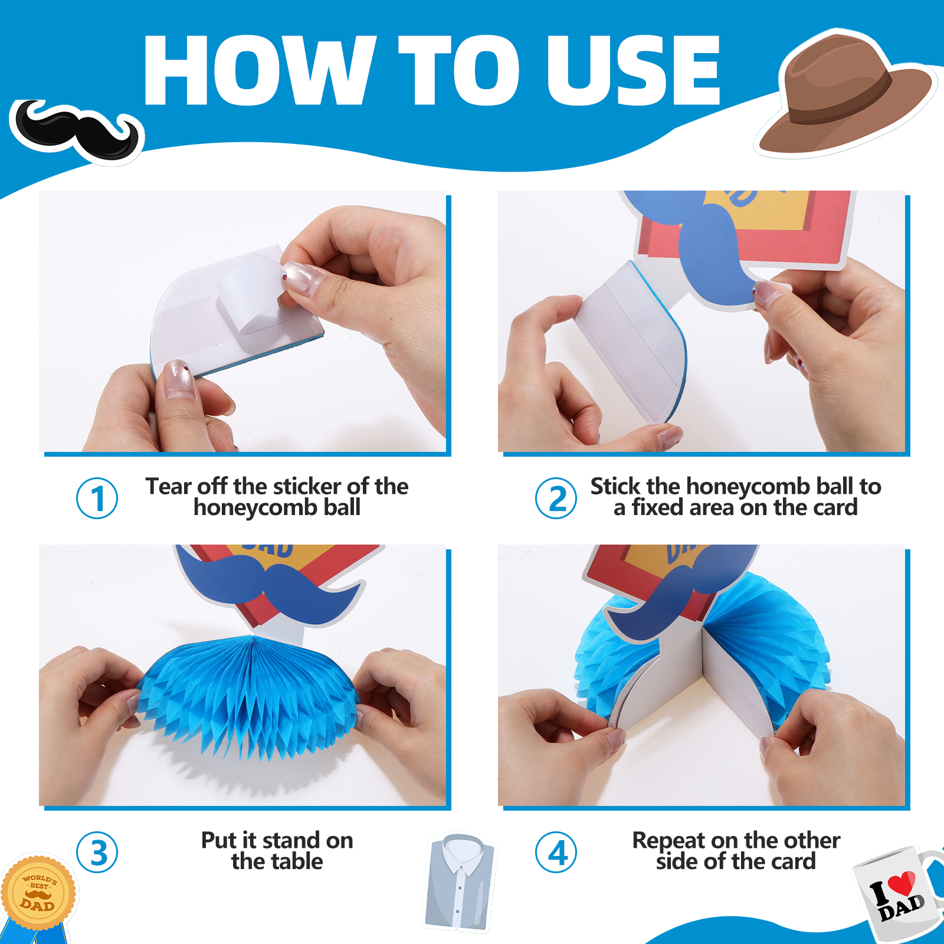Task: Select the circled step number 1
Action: click(97, 499)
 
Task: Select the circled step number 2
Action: click(556, 499)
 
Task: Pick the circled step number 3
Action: click(97, 853)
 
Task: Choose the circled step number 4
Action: click(556, 853)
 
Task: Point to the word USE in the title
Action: click(634, 70)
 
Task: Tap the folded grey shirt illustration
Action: click(461, 883)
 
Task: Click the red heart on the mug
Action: click(902, 883)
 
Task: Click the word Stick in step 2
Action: click(615, 486)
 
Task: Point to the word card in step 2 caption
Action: click(833, 507)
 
